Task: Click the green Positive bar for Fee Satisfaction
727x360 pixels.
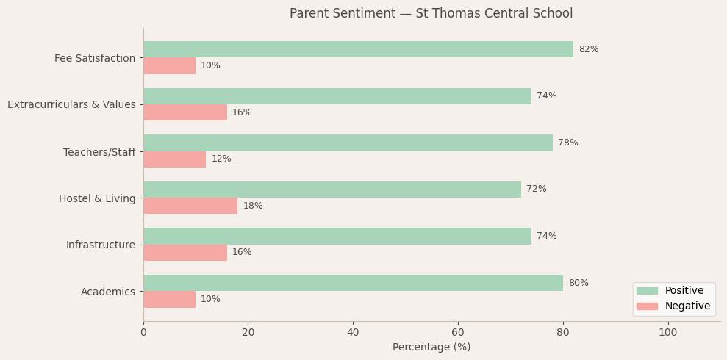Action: point(358,49)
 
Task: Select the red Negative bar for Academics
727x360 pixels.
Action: point(169,300)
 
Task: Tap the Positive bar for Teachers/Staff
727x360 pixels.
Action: point(348,143)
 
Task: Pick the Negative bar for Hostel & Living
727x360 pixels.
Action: point(190,206)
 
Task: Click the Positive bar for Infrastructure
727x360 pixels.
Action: point(337,236)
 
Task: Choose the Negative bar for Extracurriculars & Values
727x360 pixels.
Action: point(185,112)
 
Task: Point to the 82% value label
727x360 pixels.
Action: point(588,49)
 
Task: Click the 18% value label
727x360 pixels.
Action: point(253,206)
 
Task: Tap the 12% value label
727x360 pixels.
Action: point(221,159)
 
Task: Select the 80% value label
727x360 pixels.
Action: point(578,283)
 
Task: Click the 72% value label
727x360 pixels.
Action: point(536,190)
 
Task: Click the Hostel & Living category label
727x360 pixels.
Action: point(97,198)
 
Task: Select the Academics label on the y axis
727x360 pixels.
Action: point(108,292)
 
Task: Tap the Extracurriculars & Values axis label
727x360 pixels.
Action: point(71,105)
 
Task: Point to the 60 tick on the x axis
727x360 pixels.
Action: point(458,333)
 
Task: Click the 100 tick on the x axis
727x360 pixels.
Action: point(667,333)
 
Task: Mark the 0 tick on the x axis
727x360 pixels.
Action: point(143,333)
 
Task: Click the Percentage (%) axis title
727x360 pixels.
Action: point(431,348)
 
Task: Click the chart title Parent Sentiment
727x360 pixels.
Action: point(431,14)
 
